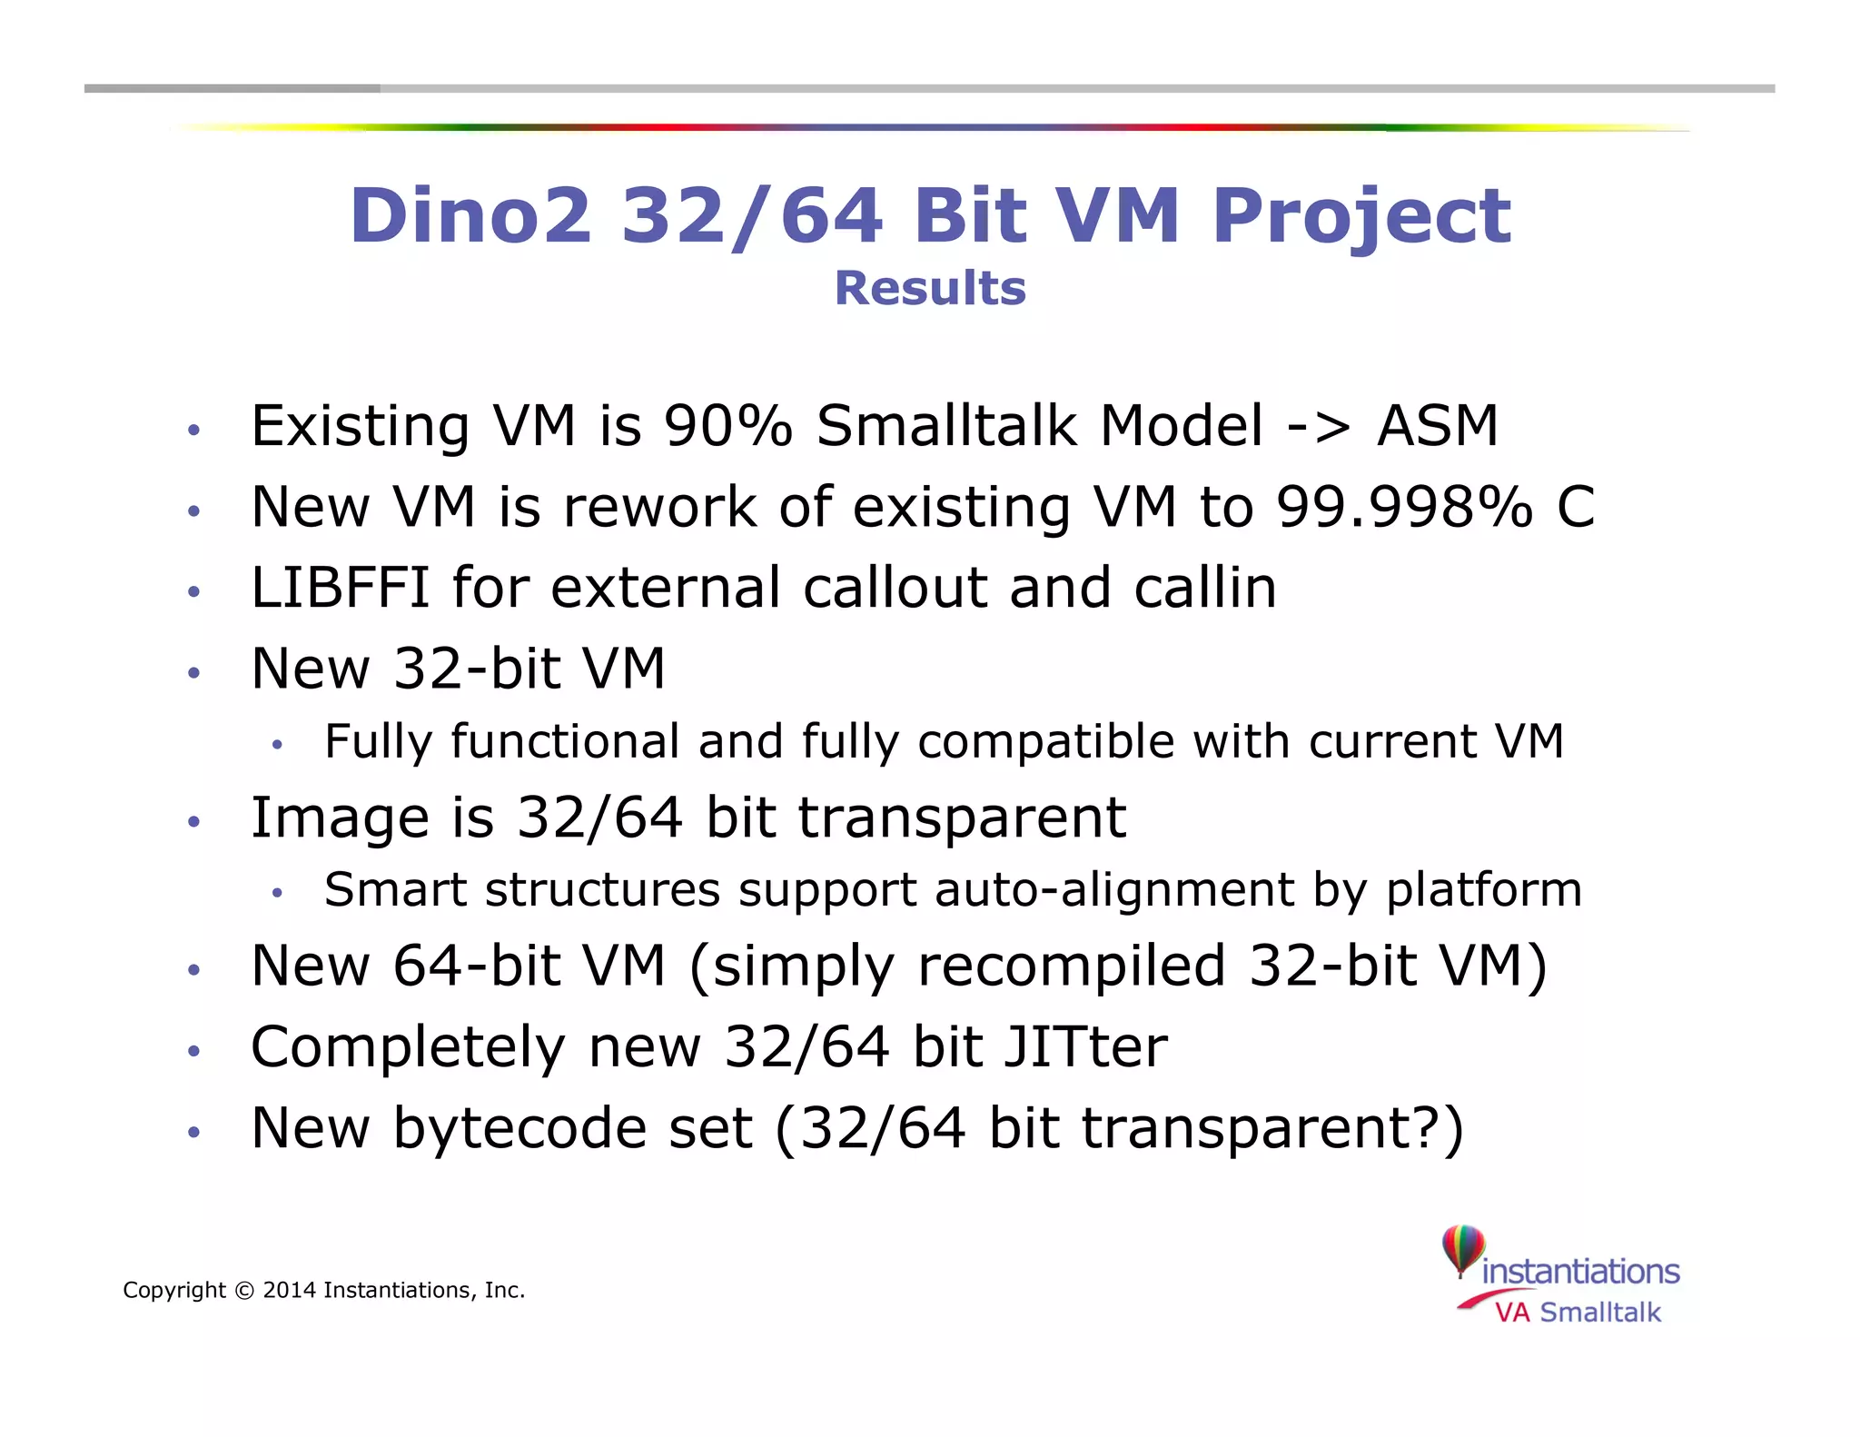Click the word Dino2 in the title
tap(470, 215)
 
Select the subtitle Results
tap(930, 289)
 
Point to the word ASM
tap(1438, 425)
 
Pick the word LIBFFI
tap(340, 587)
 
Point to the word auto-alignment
tap(1114, 889)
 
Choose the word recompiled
tap(1072, 965)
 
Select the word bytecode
tap(572, 1128)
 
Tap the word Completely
tap(408, 1046)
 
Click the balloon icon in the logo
tap(1463, 1249)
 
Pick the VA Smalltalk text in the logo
tap(1578, 1313)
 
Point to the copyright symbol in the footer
tap(244, 1291)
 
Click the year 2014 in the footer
tap(289, 1291)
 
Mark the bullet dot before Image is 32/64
tap(193, 822)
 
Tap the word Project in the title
tap(1361, 215)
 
